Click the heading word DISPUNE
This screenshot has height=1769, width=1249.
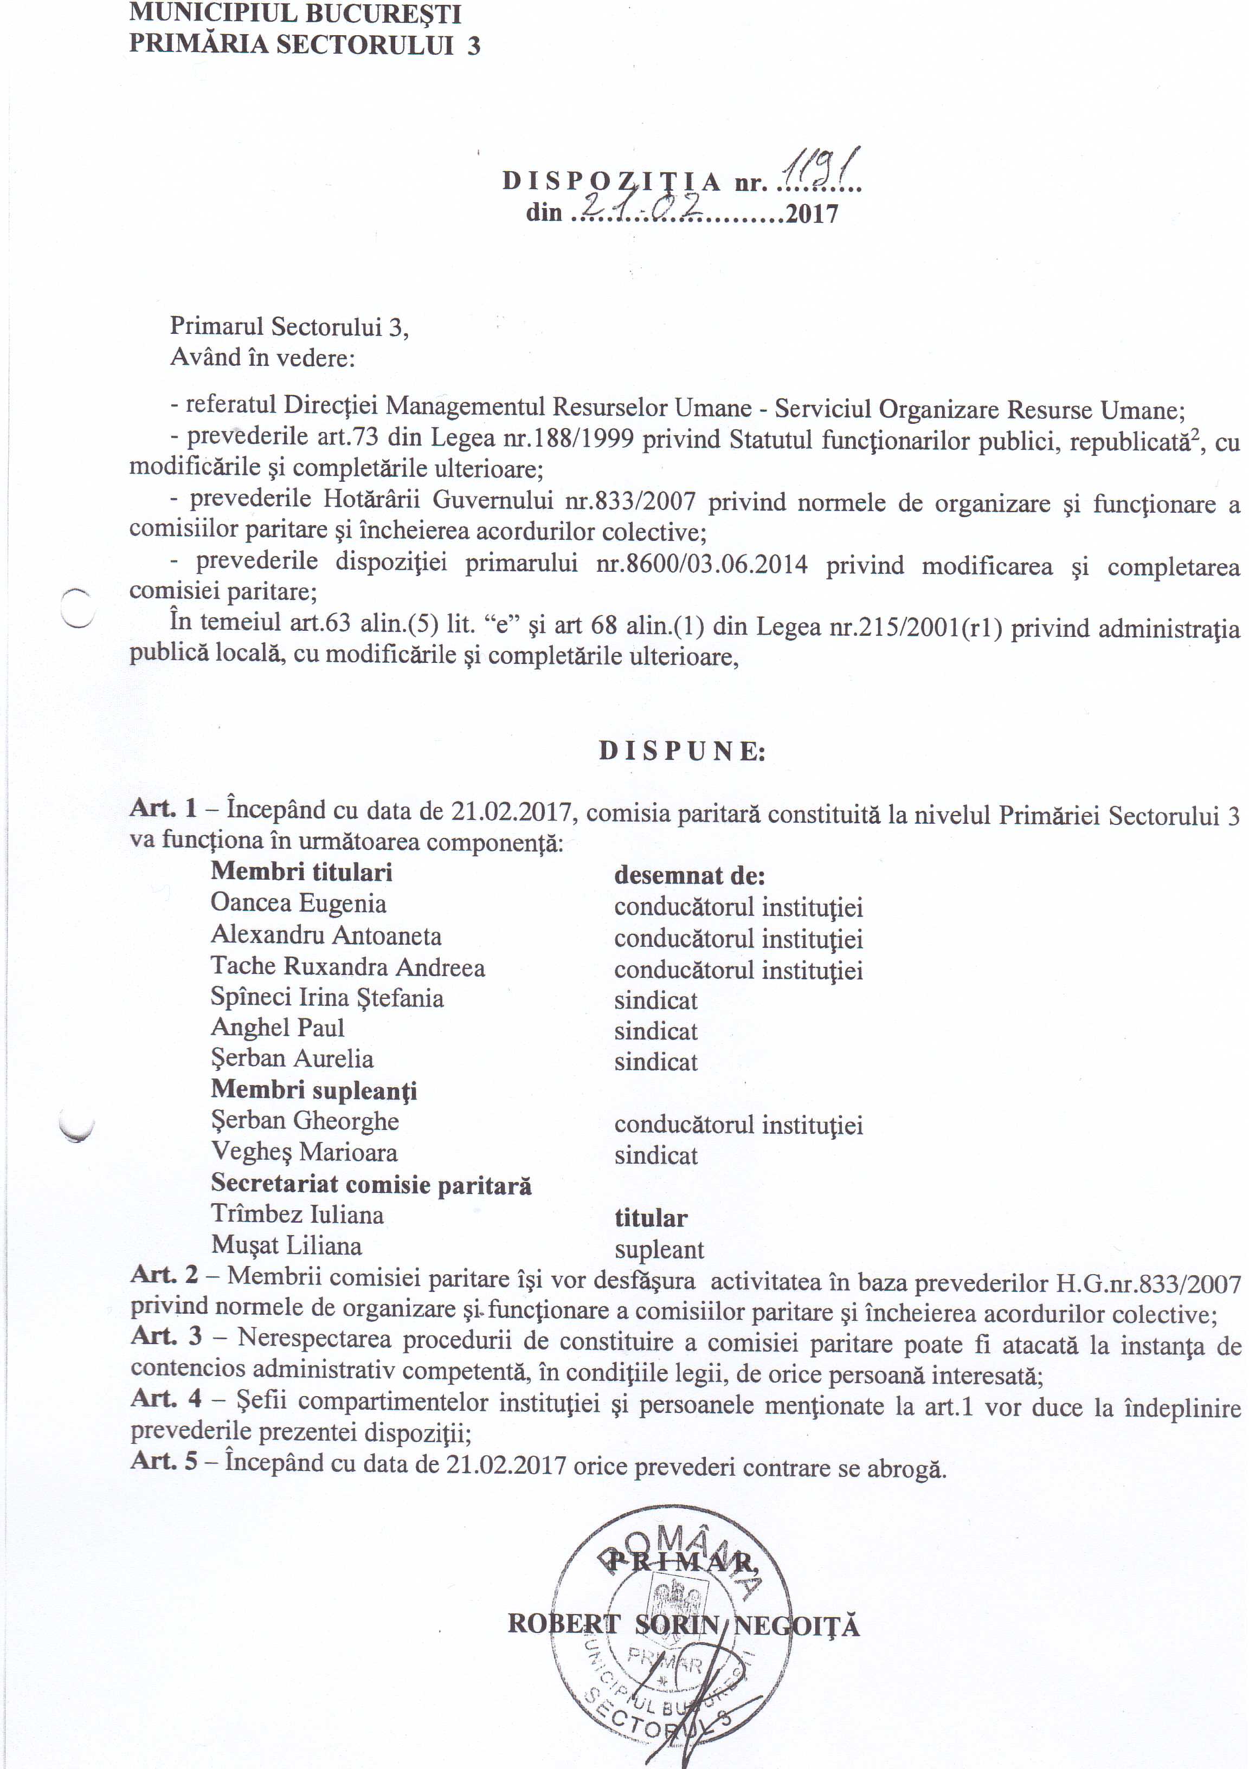coord(682,751)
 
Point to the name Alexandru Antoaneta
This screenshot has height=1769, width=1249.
coord(326,935)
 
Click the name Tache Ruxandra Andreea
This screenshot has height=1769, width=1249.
coord(347,967)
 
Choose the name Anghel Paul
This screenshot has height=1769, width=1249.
coord(278,1028)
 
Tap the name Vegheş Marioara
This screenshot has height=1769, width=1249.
coord(304,1153)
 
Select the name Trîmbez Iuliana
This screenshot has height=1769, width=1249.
coord(298,1215)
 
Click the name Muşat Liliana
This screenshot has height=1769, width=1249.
coord(287,1246)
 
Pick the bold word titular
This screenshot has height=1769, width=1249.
coord(651,1219)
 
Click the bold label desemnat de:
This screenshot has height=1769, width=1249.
coord(689,875)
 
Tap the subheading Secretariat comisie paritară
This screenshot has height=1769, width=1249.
coord(371,1184)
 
